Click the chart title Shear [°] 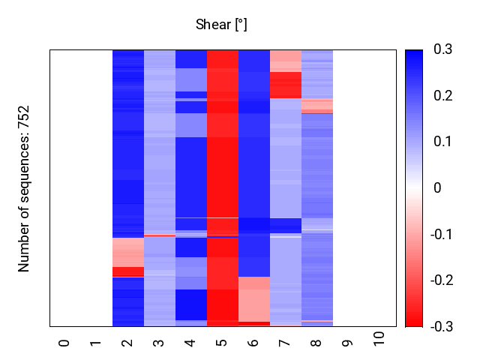pyautogui.click(x=221, y=25)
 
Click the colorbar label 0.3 pyautogui.click(x=443, y=49)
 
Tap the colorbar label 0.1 pyautogui.click(x=443, y=142)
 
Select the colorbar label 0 pyautogui.click(x=438, y=188)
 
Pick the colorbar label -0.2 pyautogui.click(x=445, y=280)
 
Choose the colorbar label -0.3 pyautogui.click(x=445, y=326)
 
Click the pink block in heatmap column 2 pyautogui.click(x=127, y=251)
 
